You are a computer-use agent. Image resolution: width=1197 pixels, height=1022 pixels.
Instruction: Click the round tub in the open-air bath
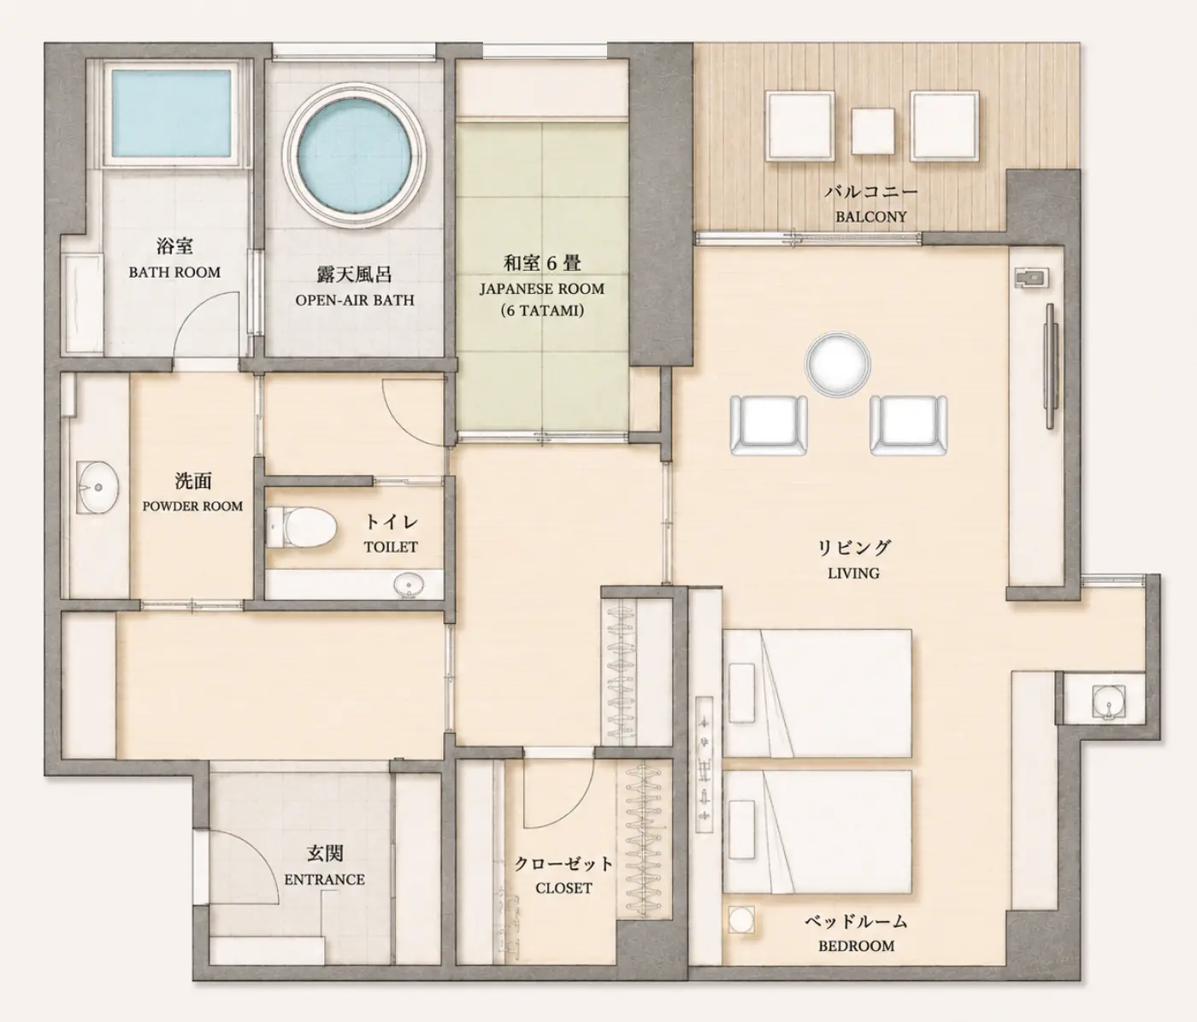pos(355,155)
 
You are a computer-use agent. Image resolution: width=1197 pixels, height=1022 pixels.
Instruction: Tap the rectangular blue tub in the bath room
pos(171,113)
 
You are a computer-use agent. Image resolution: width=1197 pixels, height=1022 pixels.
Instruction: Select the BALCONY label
pos(870,217)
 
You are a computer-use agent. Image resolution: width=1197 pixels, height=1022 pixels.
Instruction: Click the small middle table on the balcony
pos(873,132)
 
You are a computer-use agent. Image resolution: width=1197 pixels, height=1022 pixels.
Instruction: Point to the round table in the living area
pos(837,365)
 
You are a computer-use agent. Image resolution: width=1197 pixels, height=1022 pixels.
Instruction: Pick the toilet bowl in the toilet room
pos(302,528)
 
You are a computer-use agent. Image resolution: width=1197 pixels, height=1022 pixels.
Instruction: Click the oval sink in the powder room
pos(97,487)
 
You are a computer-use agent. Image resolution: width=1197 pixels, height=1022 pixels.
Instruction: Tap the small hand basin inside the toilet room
pos(409,585)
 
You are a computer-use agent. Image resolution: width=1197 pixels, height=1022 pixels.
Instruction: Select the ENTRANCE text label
pos(324,879)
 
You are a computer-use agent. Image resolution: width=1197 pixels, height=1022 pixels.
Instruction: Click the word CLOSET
pos(563,889)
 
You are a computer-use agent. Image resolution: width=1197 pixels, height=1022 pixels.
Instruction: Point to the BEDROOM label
pos(856,946)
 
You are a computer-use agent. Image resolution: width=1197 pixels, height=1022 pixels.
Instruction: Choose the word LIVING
pos(853,573)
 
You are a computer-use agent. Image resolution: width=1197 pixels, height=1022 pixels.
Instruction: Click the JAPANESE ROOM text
pos(541,289)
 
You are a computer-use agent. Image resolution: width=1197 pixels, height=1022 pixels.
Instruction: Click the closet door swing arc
pos(574,810)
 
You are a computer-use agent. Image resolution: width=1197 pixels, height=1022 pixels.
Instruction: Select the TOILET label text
pos(391,547)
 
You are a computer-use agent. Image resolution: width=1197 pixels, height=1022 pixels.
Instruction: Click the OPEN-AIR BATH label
pos(355,300)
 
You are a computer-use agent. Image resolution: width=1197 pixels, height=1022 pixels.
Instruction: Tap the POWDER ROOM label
pos(193,507)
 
